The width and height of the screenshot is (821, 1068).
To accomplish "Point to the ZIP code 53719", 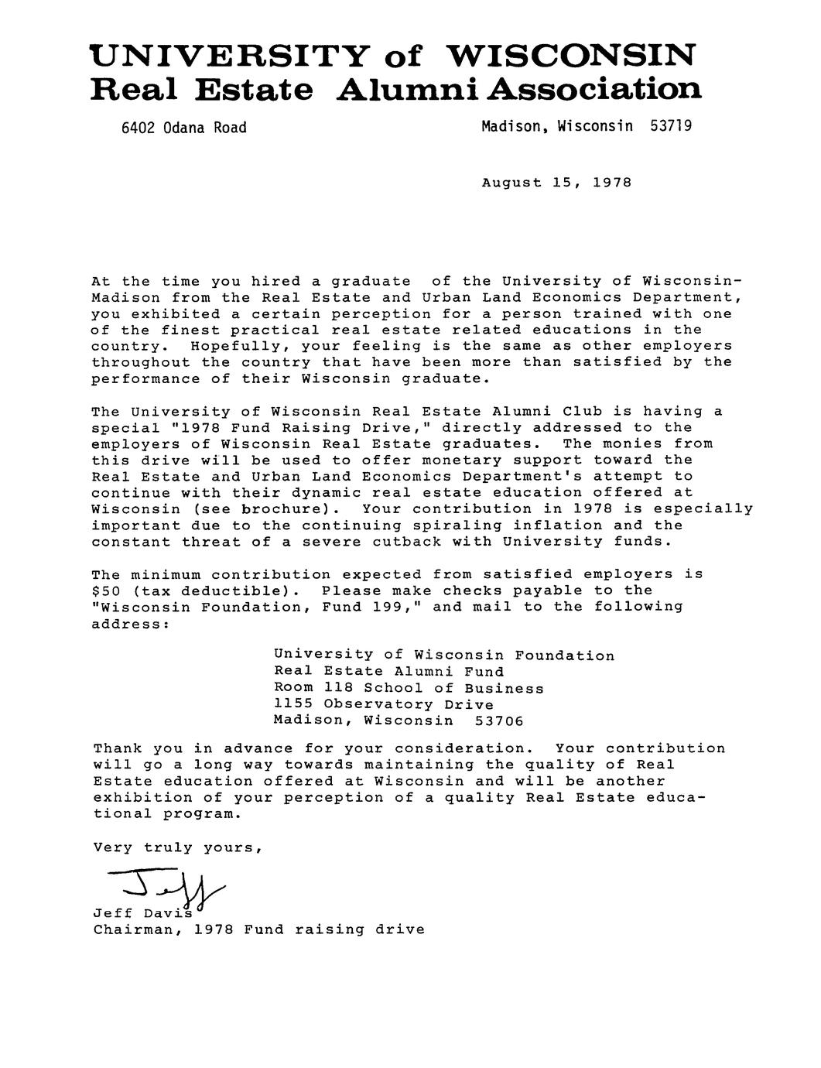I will pyautogui.click(x=671, y=125).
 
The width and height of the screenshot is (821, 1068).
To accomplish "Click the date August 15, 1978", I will pyautogui.click(x=556, y=183).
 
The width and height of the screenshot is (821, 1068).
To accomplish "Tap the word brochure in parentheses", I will pyautogui.click(x=284, y=509).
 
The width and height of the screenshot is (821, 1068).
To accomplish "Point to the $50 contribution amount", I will pyautogui.click(x=107, y=590).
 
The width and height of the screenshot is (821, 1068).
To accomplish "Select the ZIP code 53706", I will pyautogui.click(x=499, y=721).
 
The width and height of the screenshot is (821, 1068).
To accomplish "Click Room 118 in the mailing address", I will pyautogui.click(x=308, y=688).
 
